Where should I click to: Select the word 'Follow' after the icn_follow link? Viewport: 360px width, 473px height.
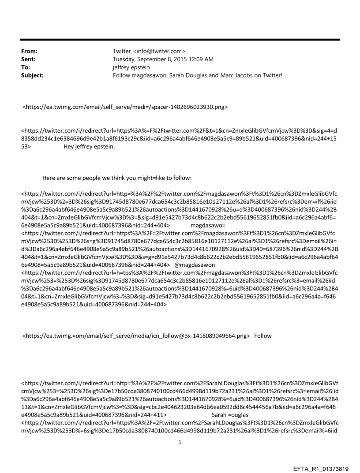pyautogui.click(x=263, y=336)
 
